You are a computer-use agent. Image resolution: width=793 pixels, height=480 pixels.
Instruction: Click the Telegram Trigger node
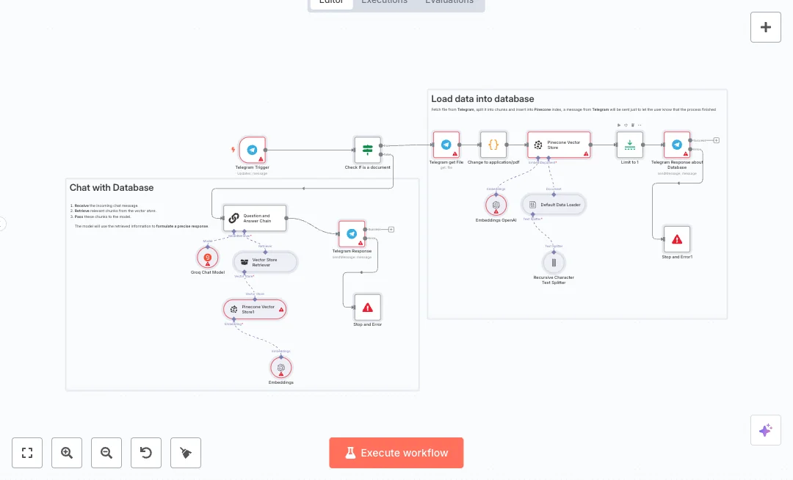coord(252,150)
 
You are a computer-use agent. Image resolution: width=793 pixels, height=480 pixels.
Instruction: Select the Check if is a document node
coord(368,150)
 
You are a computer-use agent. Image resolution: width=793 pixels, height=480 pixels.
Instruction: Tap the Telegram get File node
coord(446,145)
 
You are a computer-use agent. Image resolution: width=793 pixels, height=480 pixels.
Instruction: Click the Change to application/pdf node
coord(493,145)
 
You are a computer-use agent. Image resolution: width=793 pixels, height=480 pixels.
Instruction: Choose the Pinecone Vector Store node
coord(559,145)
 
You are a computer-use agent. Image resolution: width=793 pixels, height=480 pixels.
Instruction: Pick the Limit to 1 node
coord(629,145)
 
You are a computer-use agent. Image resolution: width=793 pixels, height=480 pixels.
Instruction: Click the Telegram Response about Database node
coord(676,145)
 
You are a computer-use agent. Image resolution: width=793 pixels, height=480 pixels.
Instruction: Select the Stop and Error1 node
coord(676,239)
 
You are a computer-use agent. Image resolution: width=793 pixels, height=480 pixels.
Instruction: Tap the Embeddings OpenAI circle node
coord(496,205)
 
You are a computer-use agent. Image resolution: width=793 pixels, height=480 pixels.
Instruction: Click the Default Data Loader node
coord(554,205)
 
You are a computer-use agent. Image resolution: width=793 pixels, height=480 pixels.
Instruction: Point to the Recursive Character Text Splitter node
coord(554,262)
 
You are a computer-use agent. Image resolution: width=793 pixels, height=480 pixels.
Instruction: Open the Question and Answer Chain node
coord(254,218)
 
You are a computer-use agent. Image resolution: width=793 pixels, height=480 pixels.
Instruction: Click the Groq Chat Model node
coord(208,258)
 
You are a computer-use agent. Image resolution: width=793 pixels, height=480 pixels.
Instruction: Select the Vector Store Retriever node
coord(265,261)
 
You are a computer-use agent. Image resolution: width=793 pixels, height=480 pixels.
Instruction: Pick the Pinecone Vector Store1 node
coord(255,309)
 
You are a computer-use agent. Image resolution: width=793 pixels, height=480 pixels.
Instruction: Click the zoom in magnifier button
coord(67,453)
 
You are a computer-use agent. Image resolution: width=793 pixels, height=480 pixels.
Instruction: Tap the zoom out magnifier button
coord(106,453)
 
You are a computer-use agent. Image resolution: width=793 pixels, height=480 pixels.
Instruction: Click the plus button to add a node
coord(765,27)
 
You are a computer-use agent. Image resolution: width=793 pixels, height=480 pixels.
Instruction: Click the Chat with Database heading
coord(112,188)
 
